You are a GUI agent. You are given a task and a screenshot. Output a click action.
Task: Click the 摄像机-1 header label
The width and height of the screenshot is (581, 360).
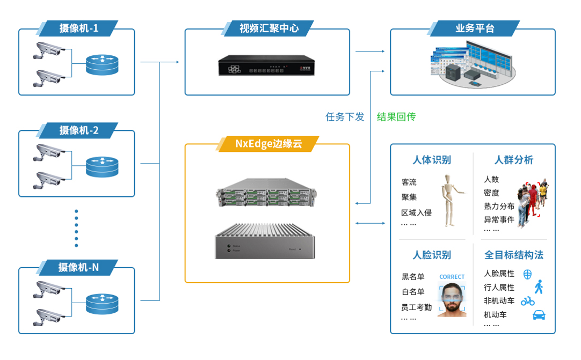click(x=78, y=28)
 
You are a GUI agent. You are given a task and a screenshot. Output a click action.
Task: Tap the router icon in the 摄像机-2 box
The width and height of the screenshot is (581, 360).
click(x=102, y=167)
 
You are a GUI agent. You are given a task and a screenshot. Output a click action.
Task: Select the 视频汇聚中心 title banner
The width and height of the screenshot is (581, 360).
click(x=268, y=28)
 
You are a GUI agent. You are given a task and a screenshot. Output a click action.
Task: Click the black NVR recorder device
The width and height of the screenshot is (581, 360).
click(x=265, y=67)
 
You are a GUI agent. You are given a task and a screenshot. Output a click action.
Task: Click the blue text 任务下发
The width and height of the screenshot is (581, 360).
click(x=345, y=117)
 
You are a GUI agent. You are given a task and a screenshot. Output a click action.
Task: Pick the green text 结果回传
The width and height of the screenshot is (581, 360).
click(x=396, y=117)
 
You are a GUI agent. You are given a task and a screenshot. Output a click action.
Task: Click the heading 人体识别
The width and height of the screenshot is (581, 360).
click(x=432, y=160)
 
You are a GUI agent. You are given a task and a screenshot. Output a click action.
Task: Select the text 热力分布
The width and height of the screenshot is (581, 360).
click(x=499, y=206)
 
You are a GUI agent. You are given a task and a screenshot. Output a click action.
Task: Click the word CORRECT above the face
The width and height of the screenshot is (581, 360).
click(x=452, y=277)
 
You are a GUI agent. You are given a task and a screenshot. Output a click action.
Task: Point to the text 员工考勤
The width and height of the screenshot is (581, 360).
click(x=416, y=307)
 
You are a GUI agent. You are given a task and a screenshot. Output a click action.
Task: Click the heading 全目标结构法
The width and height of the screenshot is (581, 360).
click(x=514, y=255)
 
